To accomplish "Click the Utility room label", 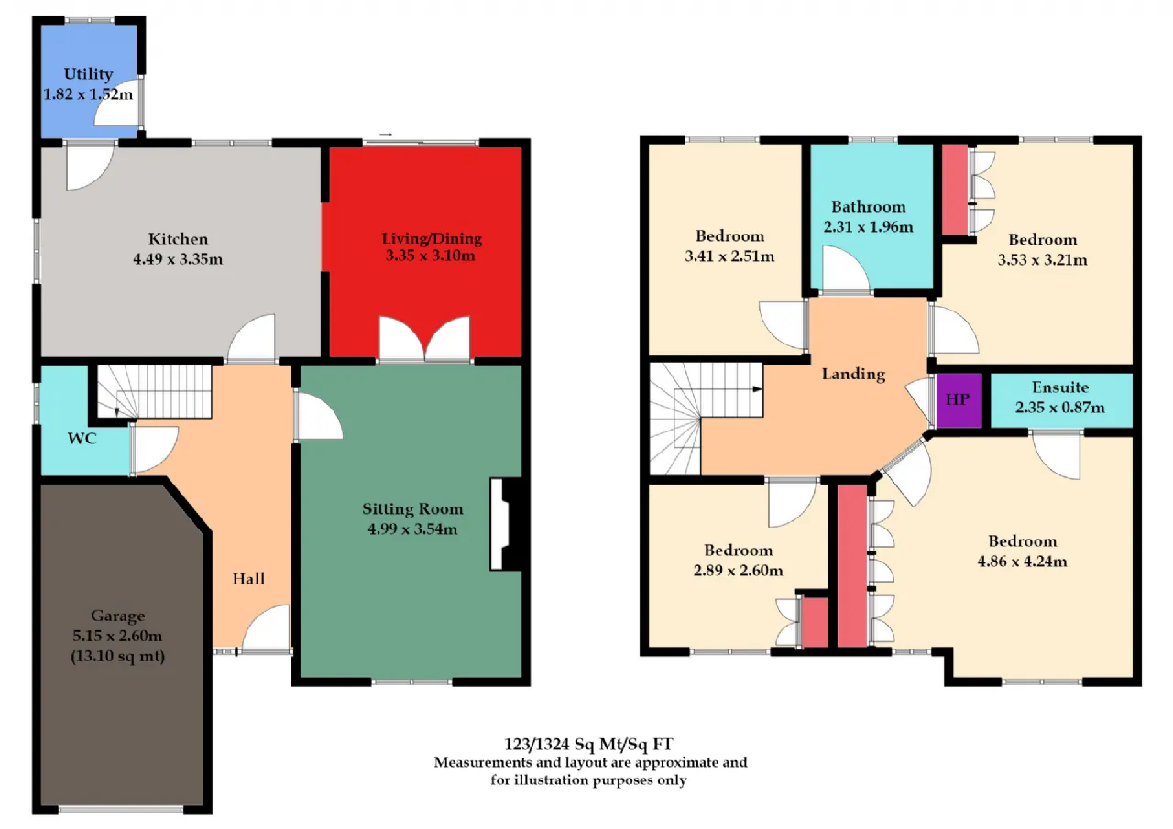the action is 88,74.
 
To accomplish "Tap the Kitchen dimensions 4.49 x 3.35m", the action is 178,259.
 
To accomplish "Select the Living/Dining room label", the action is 432,239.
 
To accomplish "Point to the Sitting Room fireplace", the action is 506,523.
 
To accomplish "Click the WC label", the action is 82,439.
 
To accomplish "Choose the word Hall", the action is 248,579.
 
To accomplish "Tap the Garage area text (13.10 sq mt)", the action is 118,656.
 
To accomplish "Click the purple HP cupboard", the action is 959,400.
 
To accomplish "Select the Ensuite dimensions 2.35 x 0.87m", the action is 1060,408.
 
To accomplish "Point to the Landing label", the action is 853,375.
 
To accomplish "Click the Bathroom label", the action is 868,207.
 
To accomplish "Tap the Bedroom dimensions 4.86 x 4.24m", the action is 1022,561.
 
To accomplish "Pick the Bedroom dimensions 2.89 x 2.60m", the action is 738,570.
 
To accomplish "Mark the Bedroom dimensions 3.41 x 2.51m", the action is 729,256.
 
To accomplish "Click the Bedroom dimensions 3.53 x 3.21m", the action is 1042,260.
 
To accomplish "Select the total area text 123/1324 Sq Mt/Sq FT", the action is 588,744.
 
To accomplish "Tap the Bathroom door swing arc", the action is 856,256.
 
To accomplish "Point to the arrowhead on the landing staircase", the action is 758,389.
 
